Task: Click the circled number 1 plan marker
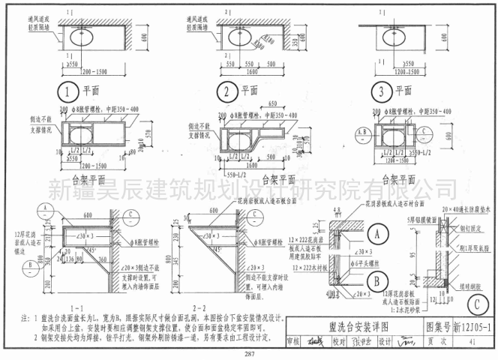coord(68,92)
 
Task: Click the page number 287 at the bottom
coord(248,353)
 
